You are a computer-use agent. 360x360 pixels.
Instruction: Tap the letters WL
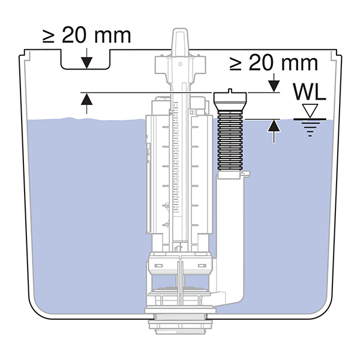click(310, 92)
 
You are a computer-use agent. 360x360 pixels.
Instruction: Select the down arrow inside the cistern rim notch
click(87, 60)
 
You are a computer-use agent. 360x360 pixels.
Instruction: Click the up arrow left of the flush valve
click(87, 103)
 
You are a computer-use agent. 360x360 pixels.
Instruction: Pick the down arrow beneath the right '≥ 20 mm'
click(274, 83)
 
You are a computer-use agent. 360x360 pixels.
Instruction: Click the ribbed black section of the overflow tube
click(231, 138)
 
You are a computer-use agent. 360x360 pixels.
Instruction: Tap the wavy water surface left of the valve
click(84, 119)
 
